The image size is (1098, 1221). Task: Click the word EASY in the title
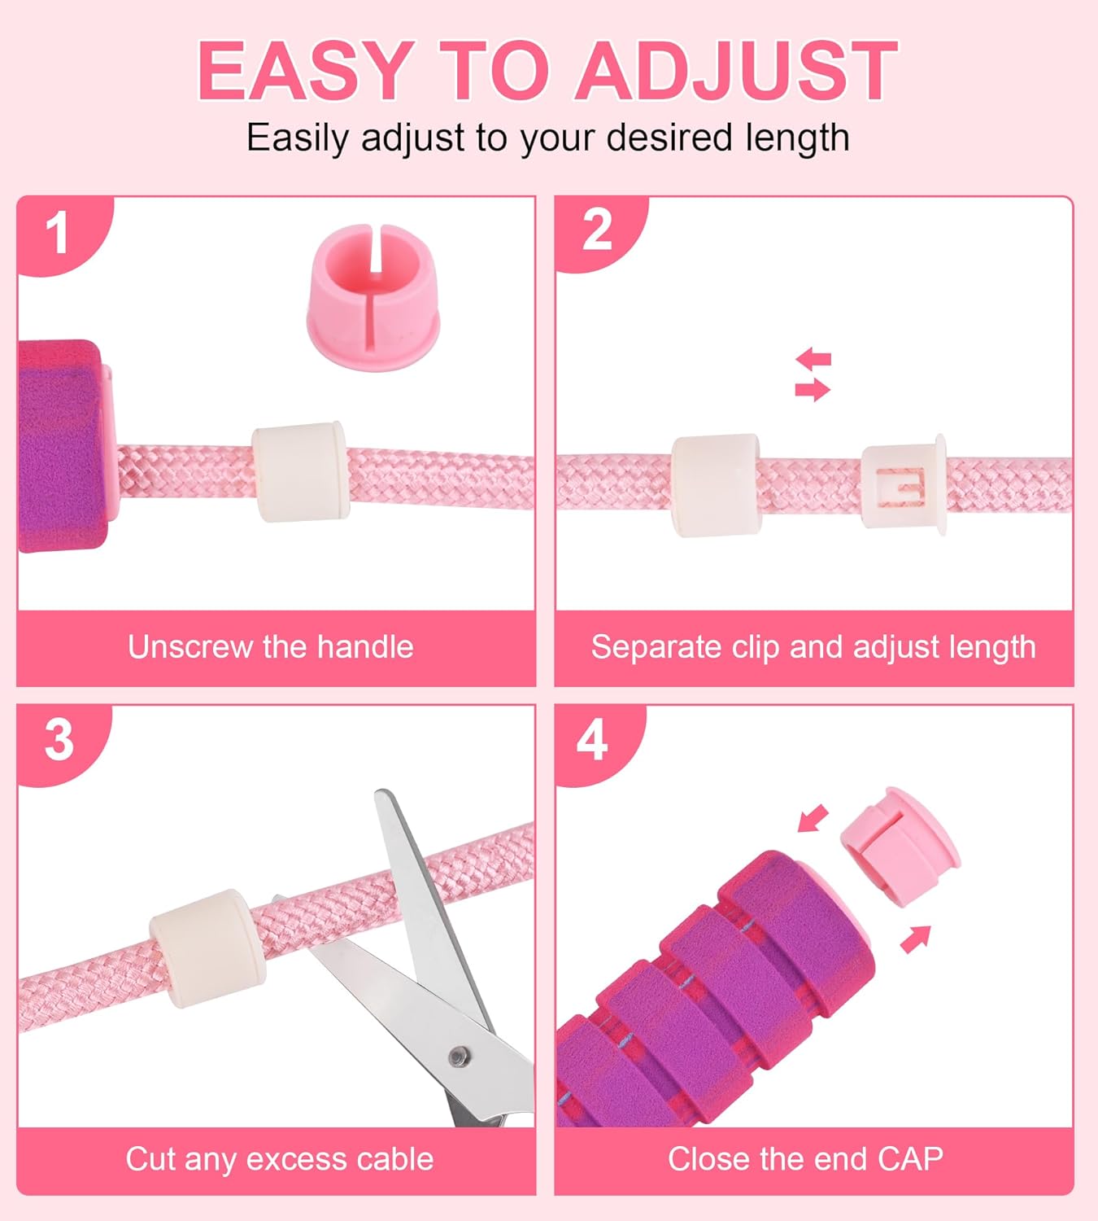click(303, 70)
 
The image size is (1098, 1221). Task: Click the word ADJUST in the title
click(737, 70)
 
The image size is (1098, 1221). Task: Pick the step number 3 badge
click(59, 742)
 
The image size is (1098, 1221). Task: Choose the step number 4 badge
click(593, 742)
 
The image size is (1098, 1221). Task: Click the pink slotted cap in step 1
click(373, 297)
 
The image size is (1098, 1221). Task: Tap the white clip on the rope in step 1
click(300, 471)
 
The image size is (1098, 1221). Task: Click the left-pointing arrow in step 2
click(813, 358)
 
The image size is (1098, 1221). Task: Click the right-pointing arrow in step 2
click(813, 390)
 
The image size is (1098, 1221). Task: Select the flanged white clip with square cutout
click(904, 484)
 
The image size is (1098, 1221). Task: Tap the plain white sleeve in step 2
click(717, 485)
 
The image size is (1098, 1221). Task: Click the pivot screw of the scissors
click(460, 1056)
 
